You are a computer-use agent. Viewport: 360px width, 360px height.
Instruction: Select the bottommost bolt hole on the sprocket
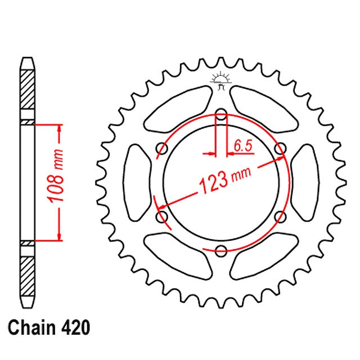pyautogui.click(x=221, y=250)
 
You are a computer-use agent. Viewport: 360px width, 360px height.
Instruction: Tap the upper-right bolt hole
pyautogui.click(x=279, y=149)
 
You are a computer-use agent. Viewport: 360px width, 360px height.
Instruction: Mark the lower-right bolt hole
pyautogui.click(x=279, y=217)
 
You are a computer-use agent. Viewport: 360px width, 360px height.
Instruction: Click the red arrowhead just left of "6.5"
pyautogui.click(x=212, y=152)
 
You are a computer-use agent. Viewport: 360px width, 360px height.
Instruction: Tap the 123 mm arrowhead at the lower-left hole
pyautogui.click(x=162, y=208)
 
